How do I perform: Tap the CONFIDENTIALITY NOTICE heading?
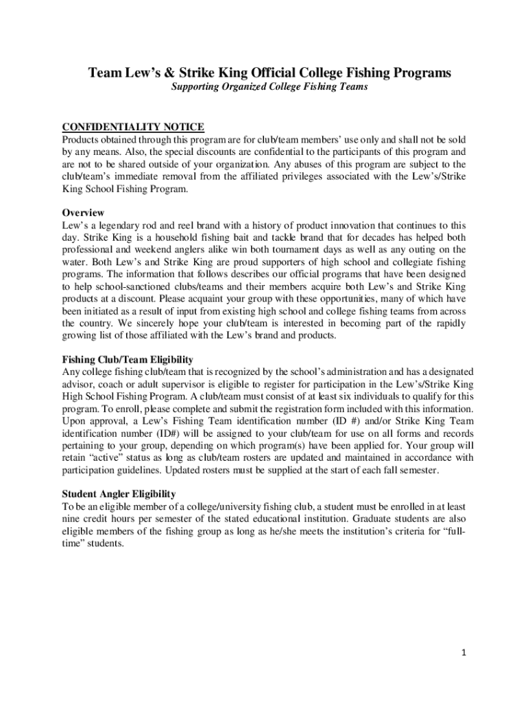tap(133, 127)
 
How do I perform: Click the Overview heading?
tap(83, 213)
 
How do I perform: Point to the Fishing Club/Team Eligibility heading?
tap(128, 359)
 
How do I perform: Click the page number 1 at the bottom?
tap(464, 653)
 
